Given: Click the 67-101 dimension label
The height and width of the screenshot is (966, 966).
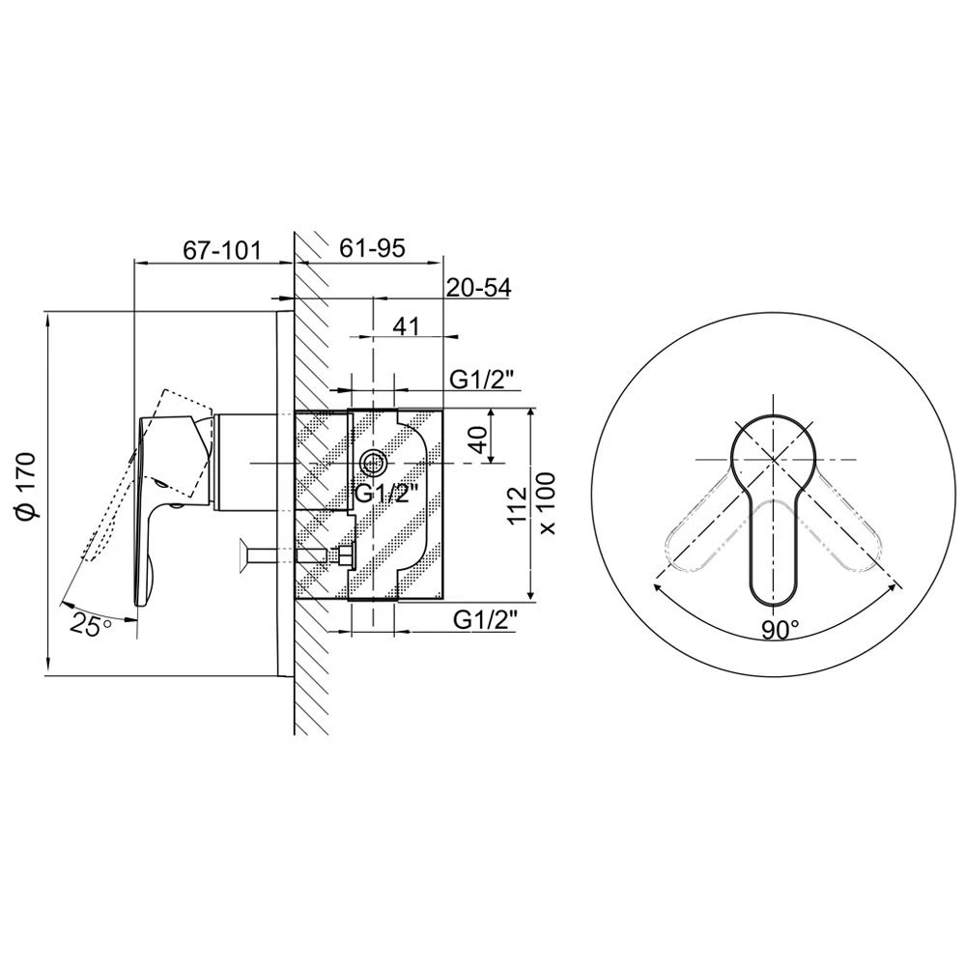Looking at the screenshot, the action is [x=222, y=250].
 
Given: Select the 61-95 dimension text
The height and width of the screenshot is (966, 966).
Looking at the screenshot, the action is [x=373, y=247].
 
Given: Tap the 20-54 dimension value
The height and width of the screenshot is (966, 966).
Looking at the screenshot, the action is [x=478, y=287].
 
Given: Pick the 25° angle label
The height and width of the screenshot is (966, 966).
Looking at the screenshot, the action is [x=91, y=625].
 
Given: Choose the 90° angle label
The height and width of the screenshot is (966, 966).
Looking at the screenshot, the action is [x=780, y=629].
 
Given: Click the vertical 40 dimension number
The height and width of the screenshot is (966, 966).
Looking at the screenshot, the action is [x=479, y=439].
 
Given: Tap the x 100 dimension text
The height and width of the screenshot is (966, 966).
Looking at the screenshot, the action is [x=546, y=503].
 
